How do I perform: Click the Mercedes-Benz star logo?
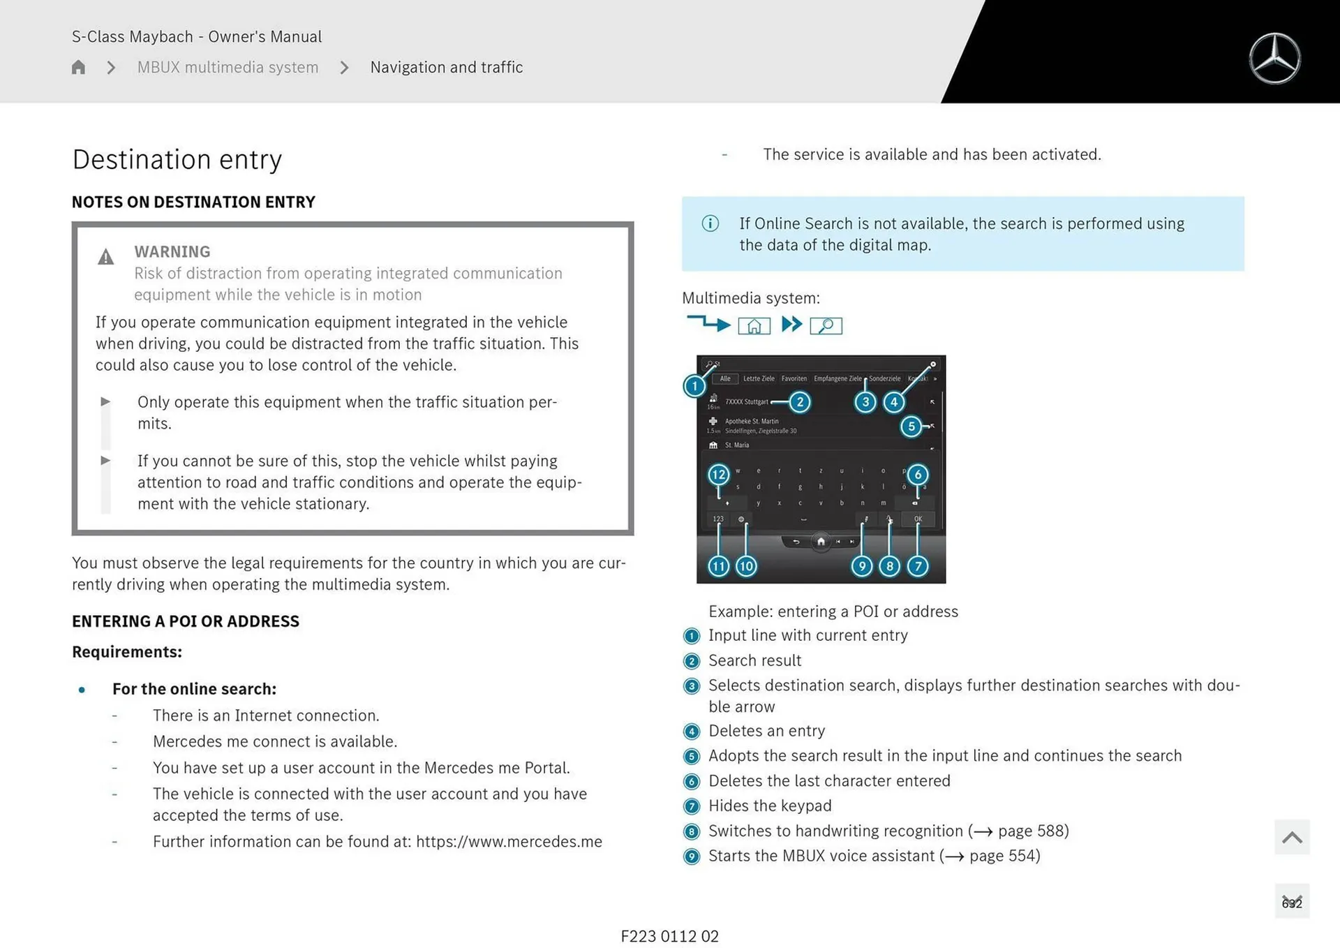[1274, 59]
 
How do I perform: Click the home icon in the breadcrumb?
[78, 67]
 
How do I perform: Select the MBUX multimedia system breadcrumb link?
[228, 67]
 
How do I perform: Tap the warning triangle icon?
[105, 258]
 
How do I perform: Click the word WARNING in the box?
[172, 251]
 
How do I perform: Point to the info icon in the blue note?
[710, 223]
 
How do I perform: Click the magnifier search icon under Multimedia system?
[826, 325]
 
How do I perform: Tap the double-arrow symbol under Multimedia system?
[791, 325]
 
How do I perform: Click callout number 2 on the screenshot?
[800, 402]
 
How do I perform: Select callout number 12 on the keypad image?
[718, 475]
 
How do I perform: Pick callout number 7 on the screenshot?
[918, 566]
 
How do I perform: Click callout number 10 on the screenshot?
[746, 566]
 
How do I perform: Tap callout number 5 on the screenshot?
[911, 426]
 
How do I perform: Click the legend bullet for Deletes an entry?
[692, 732]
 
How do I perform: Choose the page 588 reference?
[1032, 831]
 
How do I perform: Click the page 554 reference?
[1003, 856]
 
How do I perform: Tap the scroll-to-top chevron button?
[1291, 837]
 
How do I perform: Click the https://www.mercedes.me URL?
[509, 841]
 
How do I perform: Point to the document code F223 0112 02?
[669, 936]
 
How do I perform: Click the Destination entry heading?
[177, 159]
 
